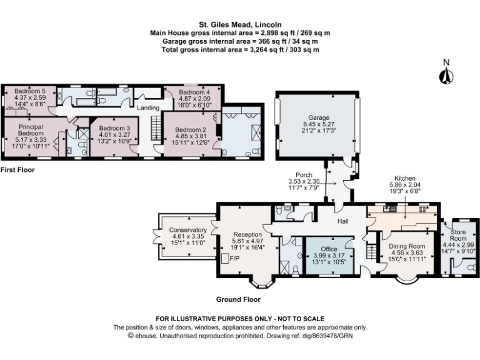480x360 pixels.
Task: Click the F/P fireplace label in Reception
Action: pyautogui.click(x=236, y=257)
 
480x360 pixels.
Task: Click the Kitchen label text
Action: pyautogui.click(x=404, y=178)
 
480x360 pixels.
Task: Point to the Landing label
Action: pyautogui.click(x=149, y=108)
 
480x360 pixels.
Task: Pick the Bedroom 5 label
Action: pyautogui.click(x=31, y=91)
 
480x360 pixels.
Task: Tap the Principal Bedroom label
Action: pyautogui.click(x=30, y=130)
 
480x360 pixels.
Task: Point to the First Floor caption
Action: pyautogui.click(x=17, y=169)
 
